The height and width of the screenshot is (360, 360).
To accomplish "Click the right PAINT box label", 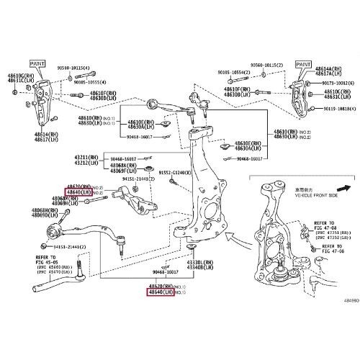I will point(302,64).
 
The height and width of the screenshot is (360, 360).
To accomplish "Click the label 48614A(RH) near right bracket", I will point(332,68).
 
